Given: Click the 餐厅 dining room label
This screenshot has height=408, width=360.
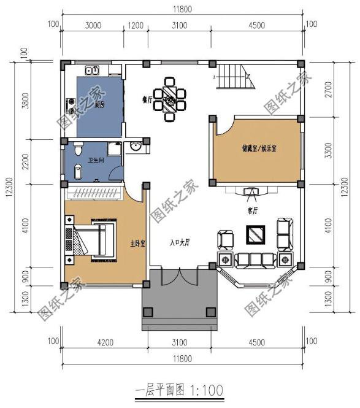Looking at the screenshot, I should [x=147, y=99].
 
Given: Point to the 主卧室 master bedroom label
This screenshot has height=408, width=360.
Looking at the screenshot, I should [x=139, y=244].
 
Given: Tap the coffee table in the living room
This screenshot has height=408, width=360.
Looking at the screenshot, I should [x=255, y=234].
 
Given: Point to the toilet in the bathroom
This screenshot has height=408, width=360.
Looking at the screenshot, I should [x=77, y=150].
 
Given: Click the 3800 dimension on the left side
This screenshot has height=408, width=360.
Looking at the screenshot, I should [x=25, y=100].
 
